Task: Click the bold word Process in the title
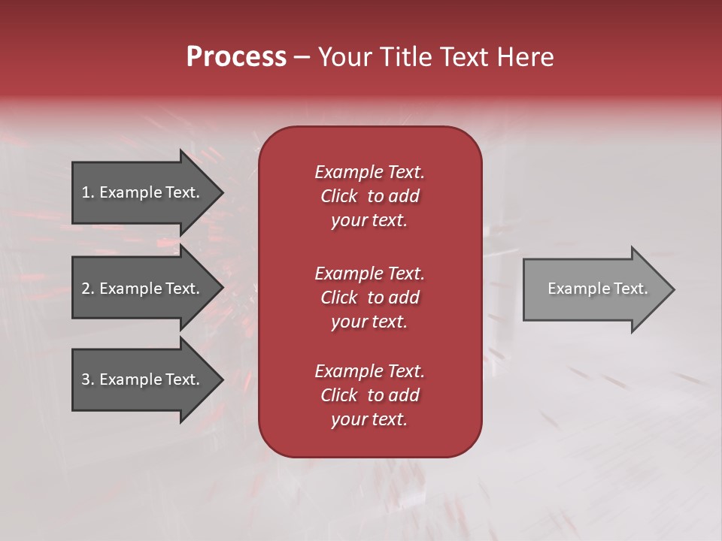236,57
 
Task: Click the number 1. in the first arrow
88,192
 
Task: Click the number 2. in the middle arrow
88,289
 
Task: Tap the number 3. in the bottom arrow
88,379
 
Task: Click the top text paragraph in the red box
369,196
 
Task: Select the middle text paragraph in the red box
369,297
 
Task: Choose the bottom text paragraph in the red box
369,395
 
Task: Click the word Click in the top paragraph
338,196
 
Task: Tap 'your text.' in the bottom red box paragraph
369,419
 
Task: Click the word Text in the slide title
463,57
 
